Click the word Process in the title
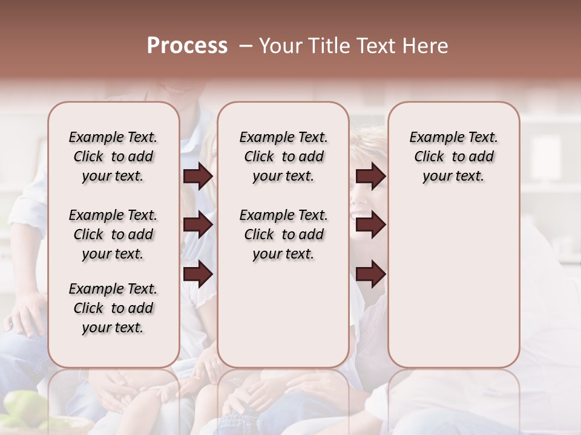(x=187, y=46)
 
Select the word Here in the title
(x=425, y=46)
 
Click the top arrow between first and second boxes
(x=198, y=176)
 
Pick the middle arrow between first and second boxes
(x=198, y=225)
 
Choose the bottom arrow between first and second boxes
(x=198, y=273)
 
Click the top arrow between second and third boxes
(x=371, y=176)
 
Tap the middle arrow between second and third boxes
(x=371, y=225)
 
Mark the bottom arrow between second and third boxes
(x=371, y=273)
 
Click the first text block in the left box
(x=113, y=156)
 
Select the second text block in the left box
(x=113, y=234)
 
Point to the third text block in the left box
(x=113, y=308)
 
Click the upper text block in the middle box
(x=283, y=156)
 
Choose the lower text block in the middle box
(x=283, y=234)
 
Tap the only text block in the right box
(x=453, y=156)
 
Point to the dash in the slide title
(x=246, y=47)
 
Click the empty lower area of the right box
(x=453, y=284)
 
